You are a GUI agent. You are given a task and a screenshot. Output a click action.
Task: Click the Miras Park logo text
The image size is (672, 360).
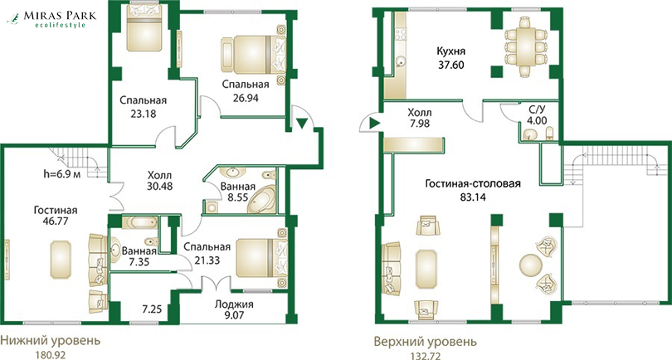pyautogui.click(x=60, y=16)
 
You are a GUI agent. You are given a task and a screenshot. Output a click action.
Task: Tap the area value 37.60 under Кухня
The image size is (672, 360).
pyautogui.click(x=450, y=66)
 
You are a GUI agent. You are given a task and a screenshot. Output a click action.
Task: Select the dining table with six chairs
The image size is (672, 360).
pyautogui.click(x=526, y=46)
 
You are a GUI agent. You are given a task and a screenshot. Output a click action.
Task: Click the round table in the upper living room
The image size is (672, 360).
pyautogui.click(x=531, y=265)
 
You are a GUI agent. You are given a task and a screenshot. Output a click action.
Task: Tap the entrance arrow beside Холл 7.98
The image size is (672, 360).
pyautogui.click(x=375, y=124)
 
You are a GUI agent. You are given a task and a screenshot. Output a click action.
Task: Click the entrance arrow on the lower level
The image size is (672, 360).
pyautogui.click(x=302, y=124)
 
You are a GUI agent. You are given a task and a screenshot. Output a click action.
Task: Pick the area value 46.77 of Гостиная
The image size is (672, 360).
pyautogui.click(x=56, y=221)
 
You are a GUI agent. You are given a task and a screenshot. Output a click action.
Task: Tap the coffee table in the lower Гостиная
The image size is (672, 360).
pyautogui.click(x=61, y=260)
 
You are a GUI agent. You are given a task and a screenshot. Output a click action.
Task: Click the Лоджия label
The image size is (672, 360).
pyautogui.click(x=234, y=304)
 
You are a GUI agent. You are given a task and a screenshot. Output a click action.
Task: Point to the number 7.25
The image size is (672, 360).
pyautogui.click(x=152, y=309)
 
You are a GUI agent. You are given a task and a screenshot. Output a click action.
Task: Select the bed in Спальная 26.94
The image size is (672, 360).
pyautogui.click(x=254, y=55)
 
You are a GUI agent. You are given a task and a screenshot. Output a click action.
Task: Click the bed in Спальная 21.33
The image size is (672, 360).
pyautogui.click(x=261, y=258)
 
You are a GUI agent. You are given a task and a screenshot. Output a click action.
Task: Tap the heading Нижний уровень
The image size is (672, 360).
pyautogui.click(x=50, y=341)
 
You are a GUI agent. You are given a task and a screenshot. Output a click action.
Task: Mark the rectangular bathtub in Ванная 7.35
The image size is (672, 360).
pyautogui.click(x=139, y=222)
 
